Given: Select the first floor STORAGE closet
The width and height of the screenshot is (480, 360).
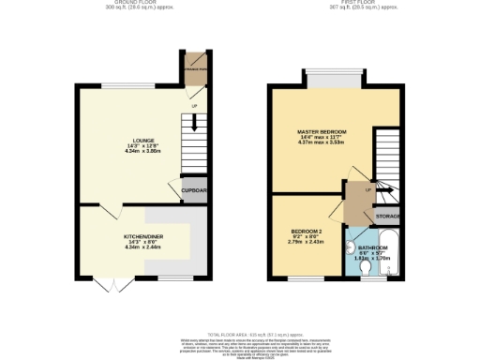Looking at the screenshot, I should pyautogui.click(x=388, y=217).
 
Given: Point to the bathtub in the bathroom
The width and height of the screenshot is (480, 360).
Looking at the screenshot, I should pyautogui.click(x=391, y=253).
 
